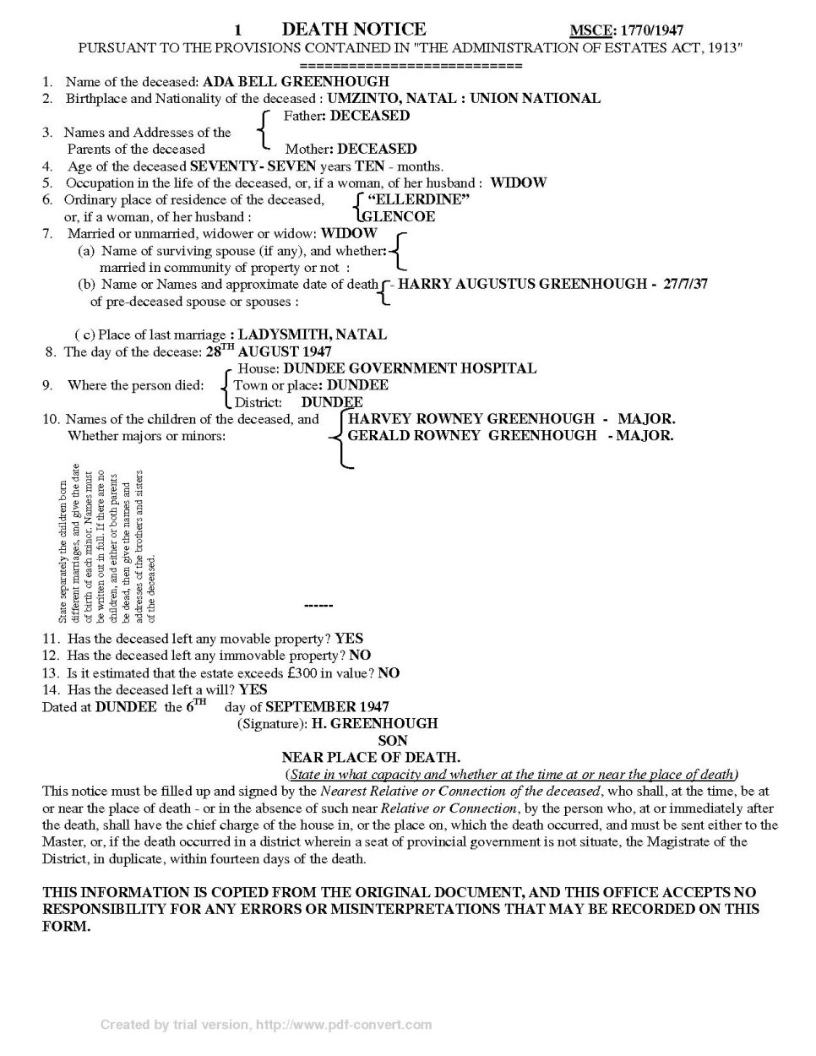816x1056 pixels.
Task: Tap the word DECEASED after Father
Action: click(x=370, y=116)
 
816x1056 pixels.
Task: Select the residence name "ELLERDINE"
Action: click(x=419, y=200)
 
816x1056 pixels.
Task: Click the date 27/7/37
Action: click(x=685, y=284)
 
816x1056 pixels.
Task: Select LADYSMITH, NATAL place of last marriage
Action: click(x=313, y=335)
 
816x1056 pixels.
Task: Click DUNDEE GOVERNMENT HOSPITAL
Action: click(x=410, y=368)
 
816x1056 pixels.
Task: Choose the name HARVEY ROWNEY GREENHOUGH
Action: click(x=471, y=419)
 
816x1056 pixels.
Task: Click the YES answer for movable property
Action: click(x=349, y=639)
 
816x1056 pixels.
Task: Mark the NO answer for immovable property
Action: click(x=360, y=656)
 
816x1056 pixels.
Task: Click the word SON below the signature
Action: click(x=392, y=741)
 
